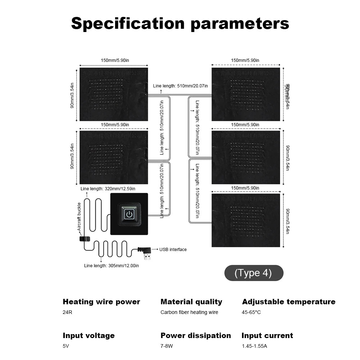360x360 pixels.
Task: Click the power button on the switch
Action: click(129, 214)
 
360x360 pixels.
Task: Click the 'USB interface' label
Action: click(173, 249)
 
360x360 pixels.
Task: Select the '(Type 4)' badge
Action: click(254, 273)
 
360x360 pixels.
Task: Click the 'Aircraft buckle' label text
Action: click(79, 217)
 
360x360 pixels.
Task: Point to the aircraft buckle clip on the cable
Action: click(85, 238)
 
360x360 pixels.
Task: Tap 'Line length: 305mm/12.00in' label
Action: click(111, 265)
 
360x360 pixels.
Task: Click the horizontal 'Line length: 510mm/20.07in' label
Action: click(180, 86)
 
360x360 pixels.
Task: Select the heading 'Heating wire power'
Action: click(101, 302)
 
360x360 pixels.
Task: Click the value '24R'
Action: click(67, 312)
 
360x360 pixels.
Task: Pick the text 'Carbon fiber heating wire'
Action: click(189, 312)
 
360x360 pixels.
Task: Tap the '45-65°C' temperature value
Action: click(251, 312)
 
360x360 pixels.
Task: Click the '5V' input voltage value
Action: click(66, 346)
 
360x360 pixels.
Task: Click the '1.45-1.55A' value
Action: click(254, 346)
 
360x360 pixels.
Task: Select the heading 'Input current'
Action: click(267, 336)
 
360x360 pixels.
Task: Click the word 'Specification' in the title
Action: click(128, 23)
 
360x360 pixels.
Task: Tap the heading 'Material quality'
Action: click(191, 302)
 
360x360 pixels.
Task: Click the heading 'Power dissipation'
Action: click(196, 336)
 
